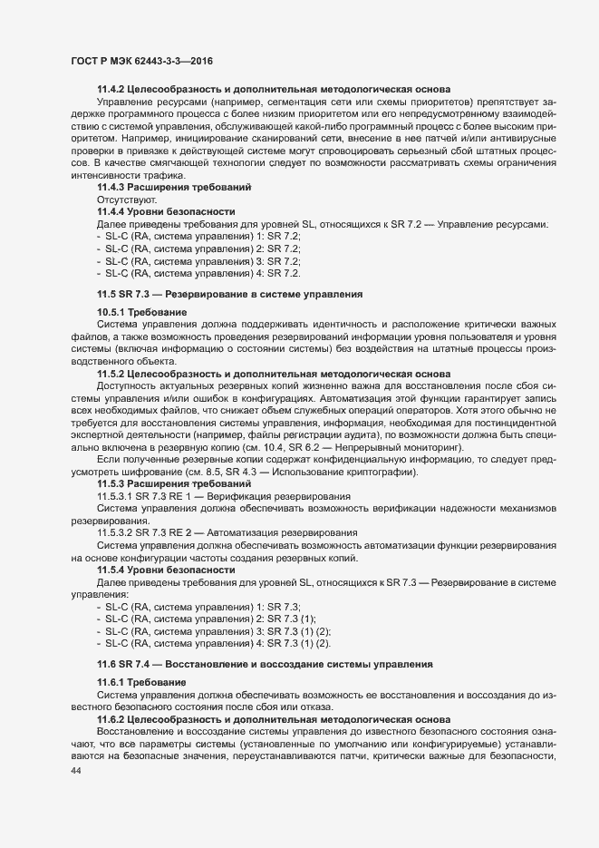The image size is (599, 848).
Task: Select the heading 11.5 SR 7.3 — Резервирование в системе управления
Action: [x=229, y=295]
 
